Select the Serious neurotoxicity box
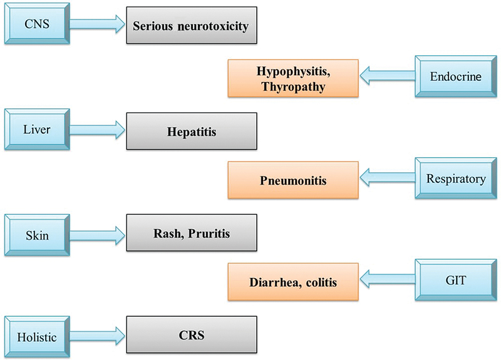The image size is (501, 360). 192,26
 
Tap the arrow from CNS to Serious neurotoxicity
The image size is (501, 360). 96,25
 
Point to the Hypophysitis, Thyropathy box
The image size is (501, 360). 292,78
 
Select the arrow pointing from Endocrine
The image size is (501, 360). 387,77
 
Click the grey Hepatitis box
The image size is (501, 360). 192,131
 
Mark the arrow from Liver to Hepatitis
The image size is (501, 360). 96,130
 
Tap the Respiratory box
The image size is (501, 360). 455,178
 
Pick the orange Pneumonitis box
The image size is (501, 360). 292,180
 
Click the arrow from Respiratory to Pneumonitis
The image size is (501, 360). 387,180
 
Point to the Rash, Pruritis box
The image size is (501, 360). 192,234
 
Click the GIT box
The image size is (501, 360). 455,281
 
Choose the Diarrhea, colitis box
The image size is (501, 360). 292,282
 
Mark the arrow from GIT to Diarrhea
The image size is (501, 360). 387,282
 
